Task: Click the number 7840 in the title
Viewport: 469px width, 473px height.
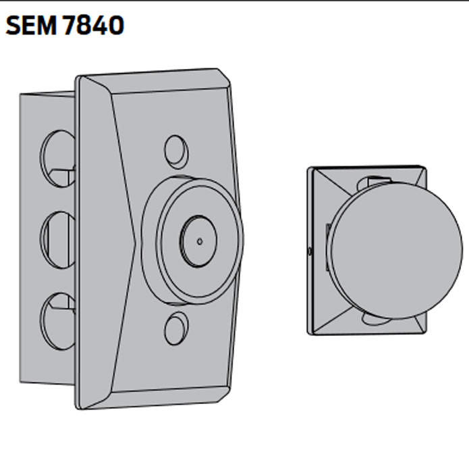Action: point(92,26)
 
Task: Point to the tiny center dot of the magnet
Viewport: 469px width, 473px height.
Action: point(200,241)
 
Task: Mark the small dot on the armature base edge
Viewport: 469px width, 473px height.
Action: point(309,251)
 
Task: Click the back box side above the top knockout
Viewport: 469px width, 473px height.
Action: point(47,111)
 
